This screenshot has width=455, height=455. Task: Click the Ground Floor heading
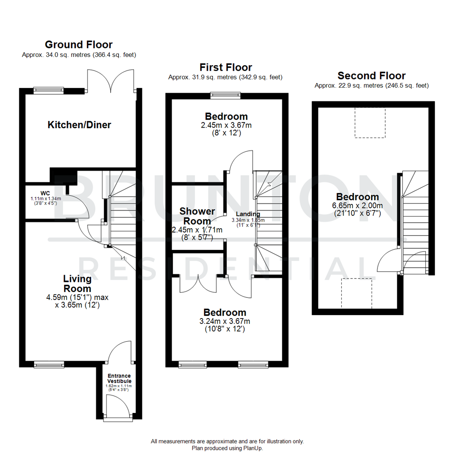pos(79,44)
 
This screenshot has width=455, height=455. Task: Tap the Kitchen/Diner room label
pos(79,125)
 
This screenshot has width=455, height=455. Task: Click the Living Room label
pos(77,284)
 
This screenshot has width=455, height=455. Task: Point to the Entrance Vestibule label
pos(119,378)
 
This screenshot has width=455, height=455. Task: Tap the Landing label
pos(248,214)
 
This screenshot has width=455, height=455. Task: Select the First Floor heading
pos(226,67)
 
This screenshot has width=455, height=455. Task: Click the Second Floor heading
pos(372,75)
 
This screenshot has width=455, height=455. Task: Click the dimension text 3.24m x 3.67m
pos(225,321)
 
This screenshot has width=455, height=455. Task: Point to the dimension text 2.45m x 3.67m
pos(226,125)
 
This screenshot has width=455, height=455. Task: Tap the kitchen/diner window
pos(49,89)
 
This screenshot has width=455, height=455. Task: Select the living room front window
pos(49,364)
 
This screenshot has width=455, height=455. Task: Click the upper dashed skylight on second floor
pos(369,122)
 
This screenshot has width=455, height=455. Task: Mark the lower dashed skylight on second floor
pos(357,293)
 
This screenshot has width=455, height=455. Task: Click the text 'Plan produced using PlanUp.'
pos(227,448)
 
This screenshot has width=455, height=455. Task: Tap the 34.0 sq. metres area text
pos(79,55)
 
